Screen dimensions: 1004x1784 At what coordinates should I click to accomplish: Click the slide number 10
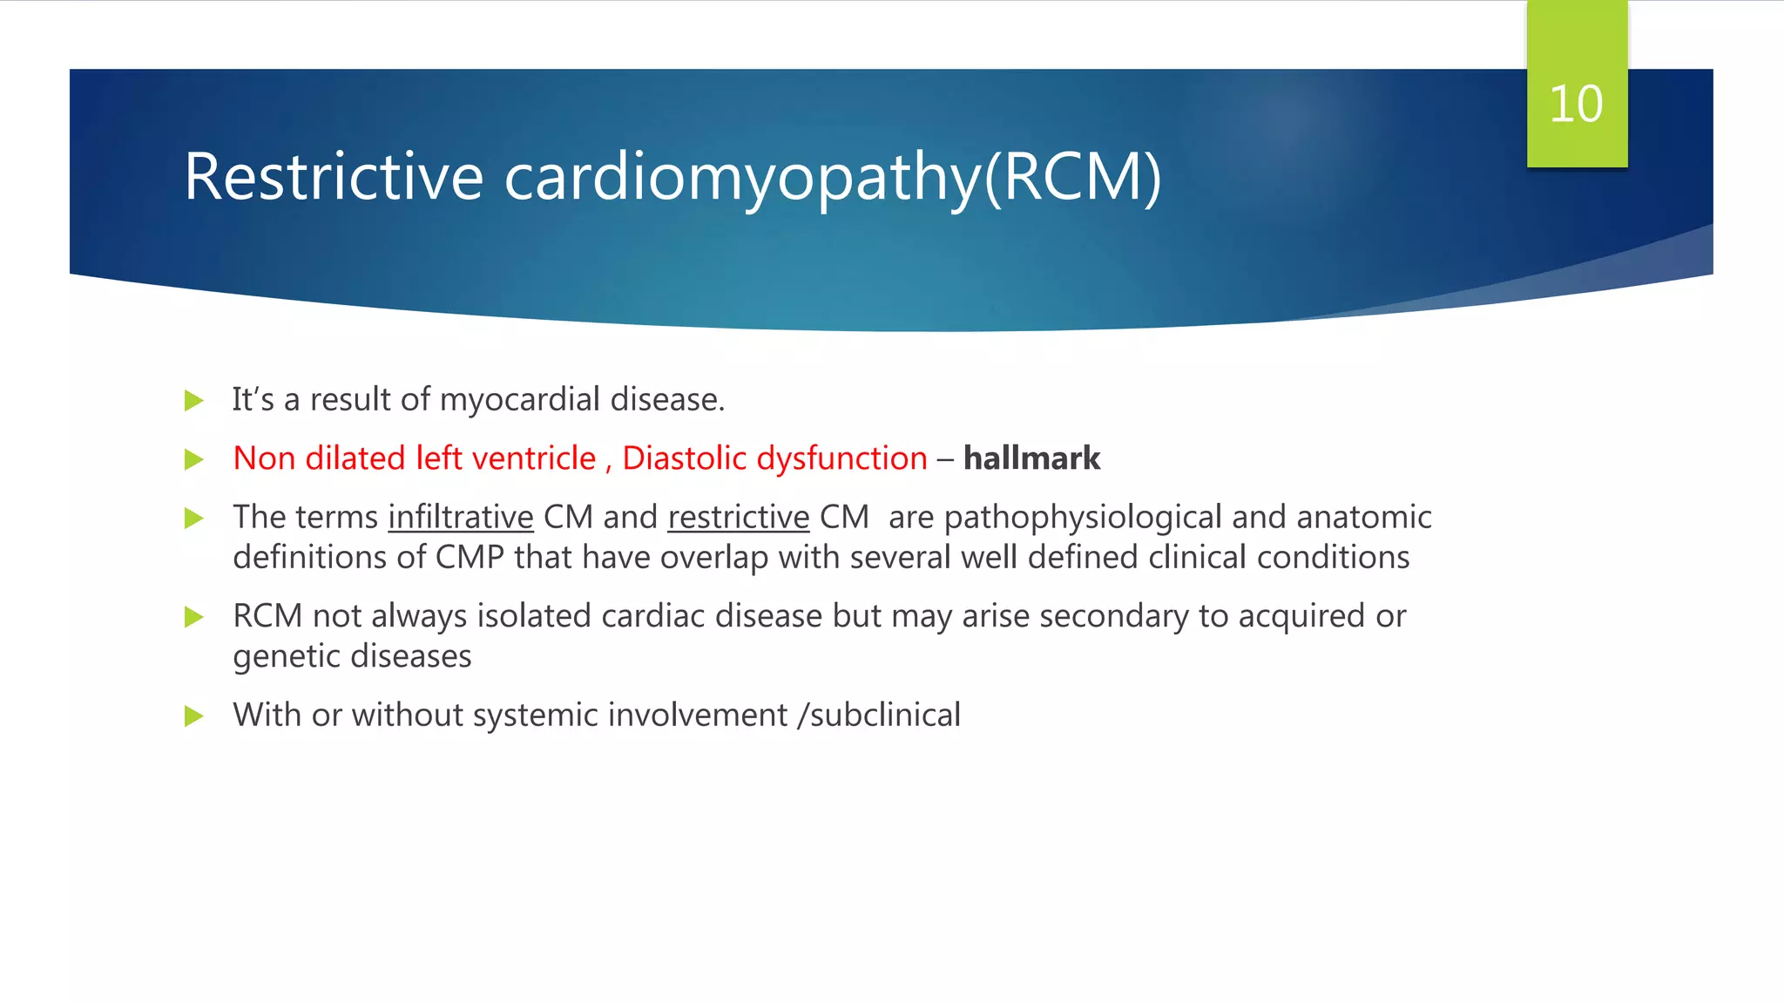(x=1576, y=105)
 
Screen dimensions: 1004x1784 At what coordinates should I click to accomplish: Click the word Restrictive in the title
(x=334, y=177)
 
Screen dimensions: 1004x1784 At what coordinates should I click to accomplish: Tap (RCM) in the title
(x=1073, y=177)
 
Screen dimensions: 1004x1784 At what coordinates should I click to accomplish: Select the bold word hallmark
(x=1031, y=458)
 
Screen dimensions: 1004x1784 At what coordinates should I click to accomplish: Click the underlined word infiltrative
(x=460, y=518)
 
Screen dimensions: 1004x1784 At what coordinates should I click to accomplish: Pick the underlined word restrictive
(x=739, y=518)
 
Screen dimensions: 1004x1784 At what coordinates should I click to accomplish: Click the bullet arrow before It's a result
(x=194, y=401)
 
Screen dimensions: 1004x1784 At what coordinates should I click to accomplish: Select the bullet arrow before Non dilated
(x=194, y=459)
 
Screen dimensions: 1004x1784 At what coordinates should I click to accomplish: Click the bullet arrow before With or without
(x=194, y=716)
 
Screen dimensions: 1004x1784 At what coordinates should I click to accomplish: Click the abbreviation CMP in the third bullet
(x=470, y=558)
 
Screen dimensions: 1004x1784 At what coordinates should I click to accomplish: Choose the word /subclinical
(x=878, y=716)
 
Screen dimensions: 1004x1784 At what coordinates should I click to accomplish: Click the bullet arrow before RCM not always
(x=194, y=618)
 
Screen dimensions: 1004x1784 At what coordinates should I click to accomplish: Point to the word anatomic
(x=1364, y=518)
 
